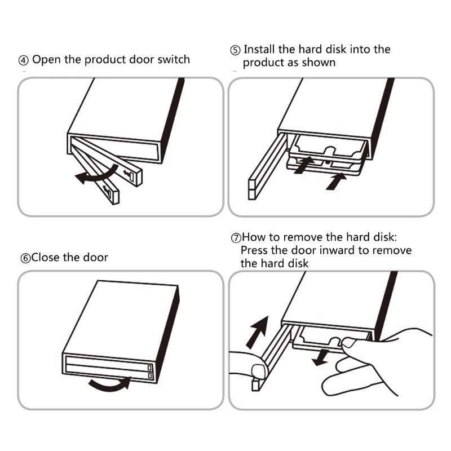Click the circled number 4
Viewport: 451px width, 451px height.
(x=24, y=60)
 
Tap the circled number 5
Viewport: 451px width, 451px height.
(x=235, y=50)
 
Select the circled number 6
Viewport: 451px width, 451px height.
(x=25, y=258)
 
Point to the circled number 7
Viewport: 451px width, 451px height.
(x=236, y=238)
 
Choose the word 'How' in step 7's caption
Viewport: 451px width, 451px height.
(x=253, y=237)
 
